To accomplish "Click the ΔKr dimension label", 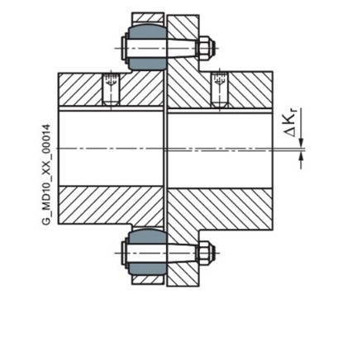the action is tap(290, 124).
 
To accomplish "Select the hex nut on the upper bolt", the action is tap(206, 48).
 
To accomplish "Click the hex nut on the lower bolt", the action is tap(206, 253).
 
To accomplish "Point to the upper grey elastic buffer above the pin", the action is tap(148, 32).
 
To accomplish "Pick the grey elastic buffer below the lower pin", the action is tap(148, 269).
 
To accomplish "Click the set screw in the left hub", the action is tap(112, 90).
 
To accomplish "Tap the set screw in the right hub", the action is tap(220, 90).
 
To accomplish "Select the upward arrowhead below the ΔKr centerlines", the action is tap(302, 156).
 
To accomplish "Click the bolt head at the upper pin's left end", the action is tap(124, 49).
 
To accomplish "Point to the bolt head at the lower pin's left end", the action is tap(124, 253).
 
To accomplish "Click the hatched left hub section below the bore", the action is tap(111, 205).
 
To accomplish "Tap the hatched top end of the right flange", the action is tap(183, 26).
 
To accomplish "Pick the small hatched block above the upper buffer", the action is tap(148, 18).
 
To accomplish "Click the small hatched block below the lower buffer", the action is tap(148, 280).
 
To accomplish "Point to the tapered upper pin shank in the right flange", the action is tap(182, 49).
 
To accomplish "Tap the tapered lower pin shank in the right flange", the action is tap(182, 253).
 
